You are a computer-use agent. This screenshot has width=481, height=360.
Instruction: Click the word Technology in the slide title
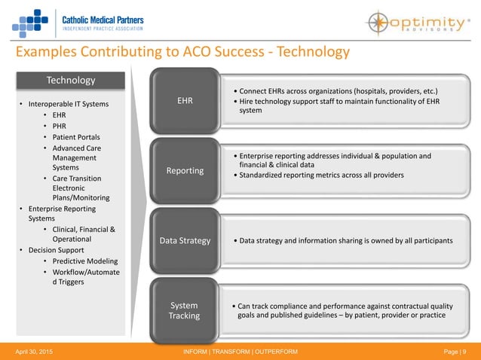pyautogui.click(x=308, y=52)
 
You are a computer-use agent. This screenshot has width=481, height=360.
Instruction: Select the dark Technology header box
pyautogui.click(x=71, y=80)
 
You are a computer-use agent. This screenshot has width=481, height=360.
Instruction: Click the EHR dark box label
pyautogui.click(x=185, y=99)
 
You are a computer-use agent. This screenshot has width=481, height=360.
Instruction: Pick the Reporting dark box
pyautogui.click(x=185, y=170)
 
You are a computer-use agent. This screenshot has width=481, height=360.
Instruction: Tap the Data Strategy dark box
pyautogui.click(x=185, y=241)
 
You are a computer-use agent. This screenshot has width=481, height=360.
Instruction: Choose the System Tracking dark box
pyautogui.click(x=185, y=310)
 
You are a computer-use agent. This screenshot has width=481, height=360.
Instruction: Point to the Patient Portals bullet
pyautogui.click(x=76, y=137)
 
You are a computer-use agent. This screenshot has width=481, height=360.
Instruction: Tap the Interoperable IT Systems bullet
pyautogui.click(x=67, y=103)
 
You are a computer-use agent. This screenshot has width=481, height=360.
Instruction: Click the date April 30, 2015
pyautogui.click(x=29, y=352)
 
